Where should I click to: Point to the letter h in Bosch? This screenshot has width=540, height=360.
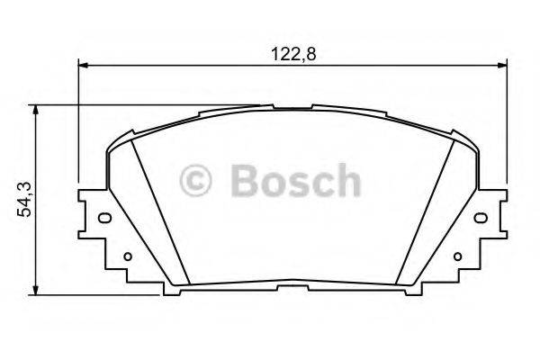(346, 180)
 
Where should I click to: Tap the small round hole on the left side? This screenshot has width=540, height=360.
(127, 256)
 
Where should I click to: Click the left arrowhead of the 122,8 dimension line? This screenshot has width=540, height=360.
(84, 65)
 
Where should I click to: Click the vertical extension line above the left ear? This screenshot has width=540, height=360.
(79, 126)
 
